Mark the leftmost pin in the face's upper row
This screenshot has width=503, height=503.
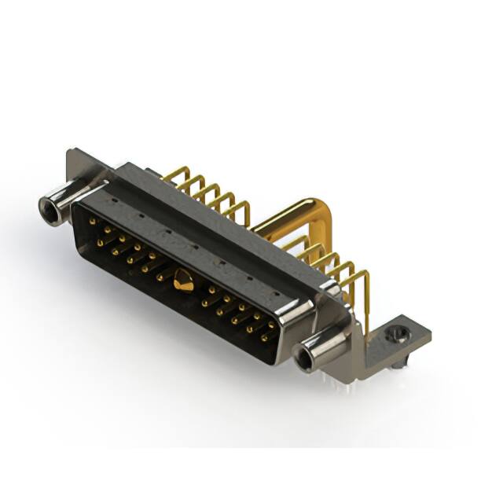point(92,222)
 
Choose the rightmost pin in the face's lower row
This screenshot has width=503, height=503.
point(263,336)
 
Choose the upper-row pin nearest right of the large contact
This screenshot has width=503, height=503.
point(211,289)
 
